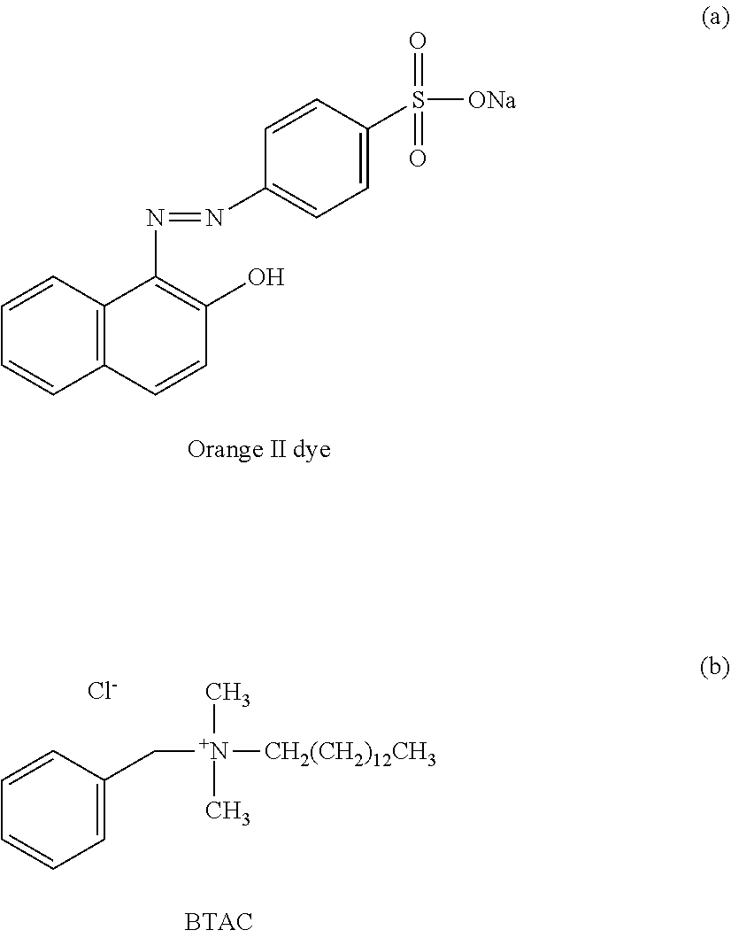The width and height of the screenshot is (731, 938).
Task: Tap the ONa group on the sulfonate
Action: tap(492, 101)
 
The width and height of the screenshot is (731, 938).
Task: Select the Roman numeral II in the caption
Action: tap(276, 450)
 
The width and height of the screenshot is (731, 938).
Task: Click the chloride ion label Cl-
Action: tap(103, 692)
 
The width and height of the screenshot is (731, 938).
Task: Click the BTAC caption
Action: tap(219, 922)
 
